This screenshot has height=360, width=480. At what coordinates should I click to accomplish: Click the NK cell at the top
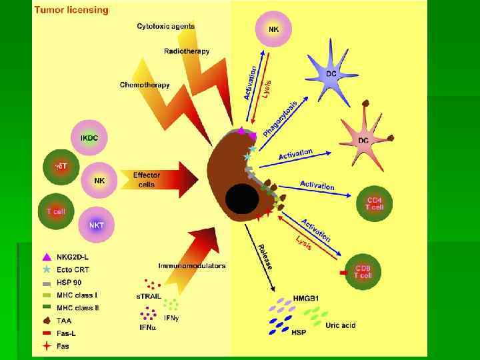point(273,29)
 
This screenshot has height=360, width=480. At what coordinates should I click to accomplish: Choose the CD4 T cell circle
point(375,203)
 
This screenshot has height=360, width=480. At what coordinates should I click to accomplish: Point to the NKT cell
point(96,225)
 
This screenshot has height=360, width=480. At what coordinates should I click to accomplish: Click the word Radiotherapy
point(187,51)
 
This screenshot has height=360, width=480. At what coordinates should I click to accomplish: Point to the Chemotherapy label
point(145,85)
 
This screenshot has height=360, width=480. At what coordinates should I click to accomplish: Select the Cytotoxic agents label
point(166,27)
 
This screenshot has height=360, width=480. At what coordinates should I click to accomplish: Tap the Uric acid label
point(340,325)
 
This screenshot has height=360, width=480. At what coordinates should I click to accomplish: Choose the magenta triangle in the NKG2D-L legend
point(46,257)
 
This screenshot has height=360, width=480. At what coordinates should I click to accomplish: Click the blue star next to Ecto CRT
point(46,269)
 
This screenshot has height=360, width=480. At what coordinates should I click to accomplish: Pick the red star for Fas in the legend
point(46,345)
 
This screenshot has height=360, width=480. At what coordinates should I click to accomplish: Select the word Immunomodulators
point(192,265)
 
